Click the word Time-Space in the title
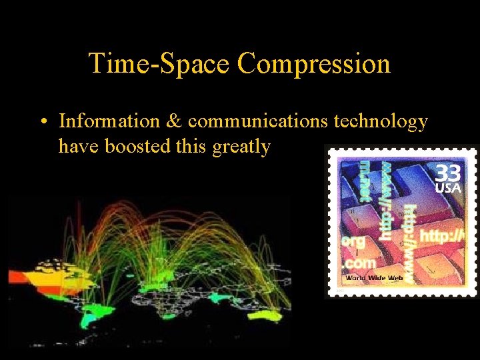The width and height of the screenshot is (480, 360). coord(159,63)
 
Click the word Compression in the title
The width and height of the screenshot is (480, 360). coord(313,63)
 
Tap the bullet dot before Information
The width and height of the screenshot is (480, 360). coord(42,122)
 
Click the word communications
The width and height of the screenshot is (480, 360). coord(257,121)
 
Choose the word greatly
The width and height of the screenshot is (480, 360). coord(241,147)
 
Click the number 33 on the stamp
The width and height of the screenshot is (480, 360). coord(448,173)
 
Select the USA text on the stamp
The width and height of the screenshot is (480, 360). coord(448,188)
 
